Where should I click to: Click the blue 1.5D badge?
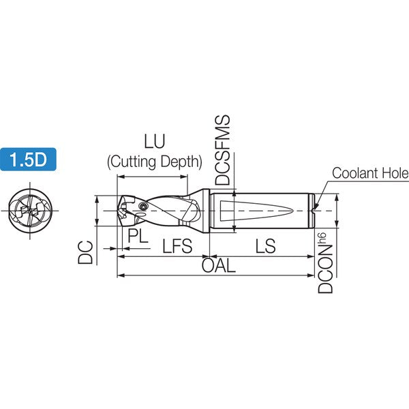pyautogui.click(x=28, y=160)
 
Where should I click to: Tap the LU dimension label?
pyautogui.click(x=155, y=141)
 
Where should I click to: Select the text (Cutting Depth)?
pyautogui.click(x=155, y=162)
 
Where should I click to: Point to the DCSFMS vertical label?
pyautogui.click(x=222, y=150)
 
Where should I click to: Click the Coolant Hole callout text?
pyautogui.click(x=370, y=173)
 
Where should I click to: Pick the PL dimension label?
pyautogui.click(x=138, y=236)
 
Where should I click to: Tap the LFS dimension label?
pyautogui.click(x=177, y=246)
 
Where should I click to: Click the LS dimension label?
pyautogui.click(x=265, y=246)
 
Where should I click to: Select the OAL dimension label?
pyautogui.click(x=219, y=266)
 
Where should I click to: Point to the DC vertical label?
pyautogui.click(x=86, y=252)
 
